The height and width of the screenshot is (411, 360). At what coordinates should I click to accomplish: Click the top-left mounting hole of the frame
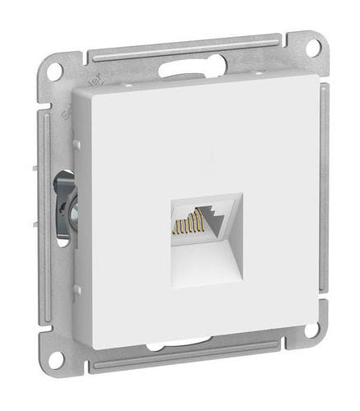point(55,72)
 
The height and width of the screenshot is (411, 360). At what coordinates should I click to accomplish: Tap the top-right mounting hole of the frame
point(312,47)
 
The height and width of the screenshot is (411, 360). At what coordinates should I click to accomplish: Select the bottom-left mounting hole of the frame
point(56,359)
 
